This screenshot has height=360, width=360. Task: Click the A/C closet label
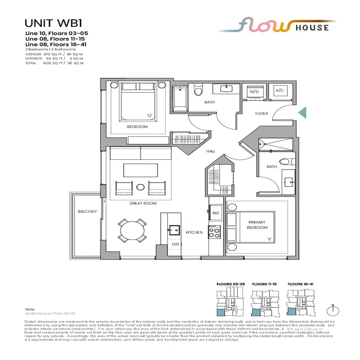[279, 90]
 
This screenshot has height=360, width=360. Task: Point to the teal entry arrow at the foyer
[303, 112]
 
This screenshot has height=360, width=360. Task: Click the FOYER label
[261, 114]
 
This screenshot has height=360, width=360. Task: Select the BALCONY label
[87, 211]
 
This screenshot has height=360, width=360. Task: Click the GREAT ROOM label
[143, 203]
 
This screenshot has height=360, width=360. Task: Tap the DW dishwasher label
[175, 244]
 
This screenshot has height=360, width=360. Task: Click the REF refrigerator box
[215, 213]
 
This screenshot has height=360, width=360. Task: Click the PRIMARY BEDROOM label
[256, 225]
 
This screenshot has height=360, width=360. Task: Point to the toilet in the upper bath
[198, 92]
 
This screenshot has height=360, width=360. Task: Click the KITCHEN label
[194, 233]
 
